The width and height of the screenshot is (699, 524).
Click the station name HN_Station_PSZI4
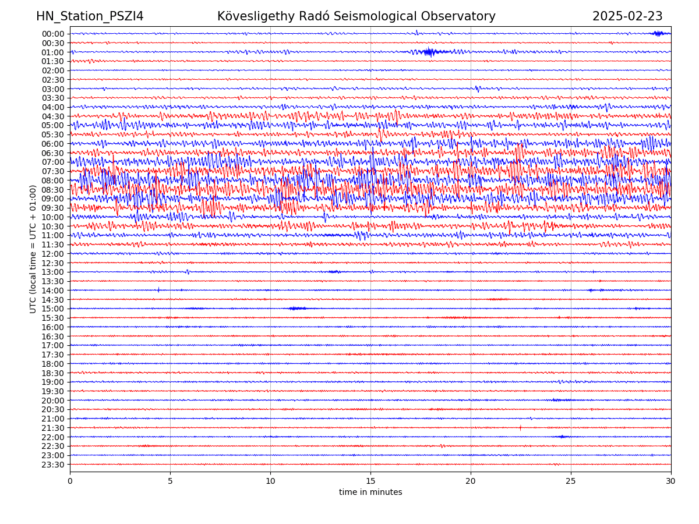pos(90,16)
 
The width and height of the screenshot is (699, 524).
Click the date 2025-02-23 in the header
pos(627,16)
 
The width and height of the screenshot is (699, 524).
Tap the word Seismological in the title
pos(376,16)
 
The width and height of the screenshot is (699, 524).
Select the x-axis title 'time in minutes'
pos(370,492)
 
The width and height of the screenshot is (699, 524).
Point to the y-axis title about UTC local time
pos(33,249)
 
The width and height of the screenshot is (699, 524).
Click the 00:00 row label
pos(52,34)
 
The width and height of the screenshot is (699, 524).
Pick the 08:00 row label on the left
pos(52,180)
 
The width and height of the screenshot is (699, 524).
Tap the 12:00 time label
pos(52,254)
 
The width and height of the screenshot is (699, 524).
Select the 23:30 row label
pos(52,465)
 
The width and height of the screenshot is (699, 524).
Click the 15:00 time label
pos(52,309)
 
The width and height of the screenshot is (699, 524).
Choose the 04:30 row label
pos(52,116)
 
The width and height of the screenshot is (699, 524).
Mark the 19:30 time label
pos(52,391)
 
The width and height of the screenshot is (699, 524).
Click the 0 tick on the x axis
pos(70,481)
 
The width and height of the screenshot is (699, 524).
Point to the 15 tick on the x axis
pos(370,481)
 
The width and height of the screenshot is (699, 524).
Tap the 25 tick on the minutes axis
pos(571,481)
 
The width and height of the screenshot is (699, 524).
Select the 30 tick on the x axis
pos(671,481)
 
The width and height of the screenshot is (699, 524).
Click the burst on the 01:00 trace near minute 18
pos(429,52)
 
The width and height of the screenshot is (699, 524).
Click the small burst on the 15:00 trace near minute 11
pos(297,308)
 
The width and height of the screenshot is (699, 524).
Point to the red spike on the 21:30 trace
pos(520,427)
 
